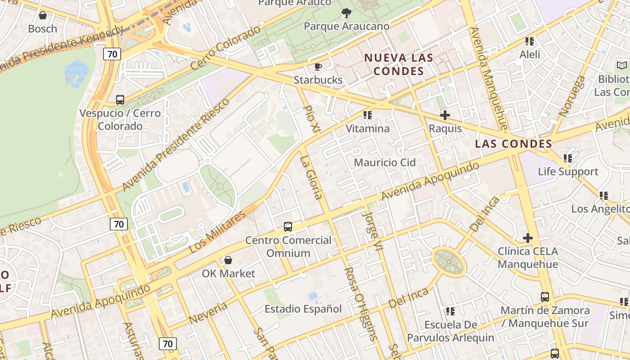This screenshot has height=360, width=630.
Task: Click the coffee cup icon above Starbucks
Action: pyautogui.click(x=318, y=67)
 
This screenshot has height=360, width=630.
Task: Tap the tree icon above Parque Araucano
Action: pyautogui.click(x=346, y=13)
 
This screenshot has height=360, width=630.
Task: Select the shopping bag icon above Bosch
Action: pyautogui.click(x=43, y=16)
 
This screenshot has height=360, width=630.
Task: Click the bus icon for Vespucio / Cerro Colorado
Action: pyautogui.click(x=120, y=100)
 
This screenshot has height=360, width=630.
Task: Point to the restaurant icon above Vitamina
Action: pyautogui.click(x=368, y=115)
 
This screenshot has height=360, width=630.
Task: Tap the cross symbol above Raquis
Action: pyautogui.click(x=445, y=115)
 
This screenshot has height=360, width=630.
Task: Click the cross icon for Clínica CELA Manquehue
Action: pyautogui.click(x=528, y=238)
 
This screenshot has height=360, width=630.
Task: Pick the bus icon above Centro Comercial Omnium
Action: pyautogui.click(x=288, y=227)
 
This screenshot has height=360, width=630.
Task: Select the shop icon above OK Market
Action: pyautogui.click(x=228, y=260)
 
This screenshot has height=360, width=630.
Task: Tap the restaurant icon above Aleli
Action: pyautogui.click(x=530, y=41)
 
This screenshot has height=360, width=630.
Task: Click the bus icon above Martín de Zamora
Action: pyautogui.click(x=545, y=297)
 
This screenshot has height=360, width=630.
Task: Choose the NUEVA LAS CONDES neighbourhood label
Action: pyautogui.click(x=399, y=64)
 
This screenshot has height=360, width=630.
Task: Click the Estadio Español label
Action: pyautogui.click(x=303, y=309)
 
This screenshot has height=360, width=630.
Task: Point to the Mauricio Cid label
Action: pyautogui.click(x=385, y=162)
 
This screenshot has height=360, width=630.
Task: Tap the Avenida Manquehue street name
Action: pyautogui.click(x=488, y=79)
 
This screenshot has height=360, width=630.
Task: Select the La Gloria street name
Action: pyautogui.click(x=311, y=177)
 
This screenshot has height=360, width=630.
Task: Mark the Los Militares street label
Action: pyautogui.click(x=217, y=231)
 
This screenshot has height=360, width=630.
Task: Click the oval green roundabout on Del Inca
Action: pyautogui.click(x=449, y=261)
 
